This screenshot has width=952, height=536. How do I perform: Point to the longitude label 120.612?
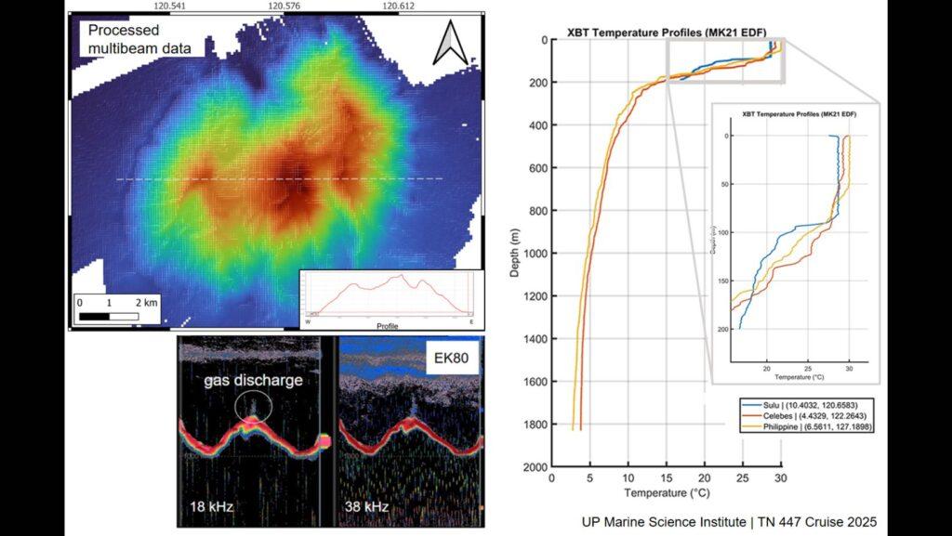(x=398, y=7)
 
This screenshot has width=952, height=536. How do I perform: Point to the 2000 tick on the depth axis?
(x=534, y=467)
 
